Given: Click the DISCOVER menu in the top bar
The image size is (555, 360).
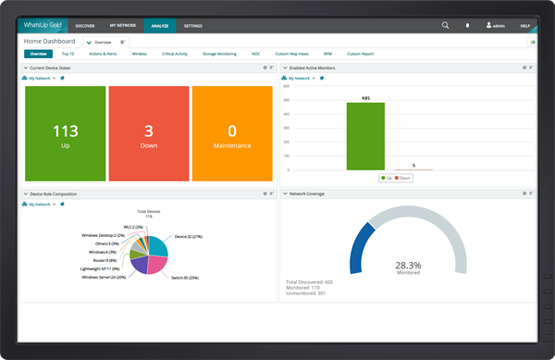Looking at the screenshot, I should [84, 27].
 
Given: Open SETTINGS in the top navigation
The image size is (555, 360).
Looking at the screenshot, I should [193, 27].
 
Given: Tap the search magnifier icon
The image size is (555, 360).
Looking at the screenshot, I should [446, 26].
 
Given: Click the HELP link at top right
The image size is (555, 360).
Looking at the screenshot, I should [525, 27].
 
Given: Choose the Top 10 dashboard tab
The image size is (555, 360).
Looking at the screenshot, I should [68, 55].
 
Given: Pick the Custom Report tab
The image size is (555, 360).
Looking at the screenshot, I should [360, 55].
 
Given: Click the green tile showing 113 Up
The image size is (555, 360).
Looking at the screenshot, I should [65, 134].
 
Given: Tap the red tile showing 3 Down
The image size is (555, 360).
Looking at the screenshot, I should [149, 134].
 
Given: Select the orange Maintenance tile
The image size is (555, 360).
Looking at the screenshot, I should [232, 134].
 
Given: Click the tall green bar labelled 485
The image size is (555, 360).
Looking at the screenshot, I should [365, 135].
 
